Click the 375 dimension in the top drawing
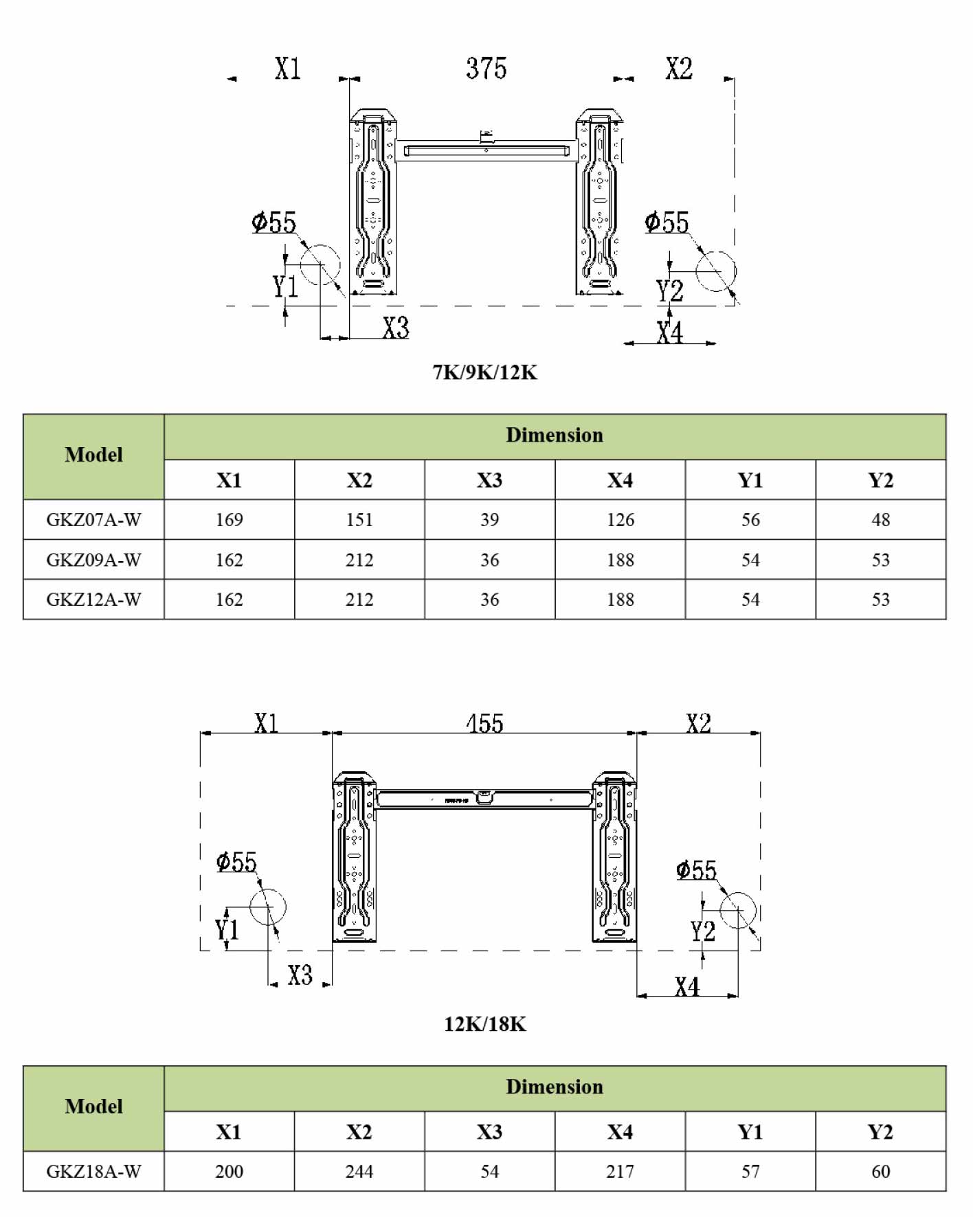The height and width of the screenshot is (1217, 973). tap(486, 69)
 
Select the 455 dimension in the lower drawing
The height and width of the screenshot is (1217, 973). tap(485, 723)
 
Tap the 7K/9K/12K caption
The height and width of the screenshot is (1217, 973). tap(485, 372)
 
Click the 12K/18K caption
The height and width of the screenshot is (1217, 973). tap(485, 1024)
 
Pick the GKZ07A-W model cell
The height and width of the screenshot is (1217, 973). tap(93, 520)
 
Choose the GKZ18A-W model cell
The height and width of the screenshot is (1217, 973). tap(93, 1171)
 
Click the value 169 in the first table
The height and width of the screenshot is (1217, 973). tap(229, 520)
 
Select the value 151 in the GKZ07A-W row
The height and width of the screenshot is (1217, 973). tap(359, 520)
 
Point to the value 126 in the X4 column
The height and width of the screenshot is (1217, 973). tap(620, 520)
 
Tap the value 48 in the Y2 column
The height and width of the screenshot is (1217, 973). tap(880, 520)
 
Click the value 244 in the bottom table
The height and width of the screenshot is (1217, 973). tap(359, 1171)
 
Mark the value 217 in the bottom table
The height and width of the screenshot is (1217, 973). tap(620, 1171)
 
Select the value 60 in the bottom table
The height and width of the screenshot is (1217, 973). tap(880, 1171)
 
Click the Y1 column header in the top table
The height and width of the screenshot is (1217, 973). tap(750, 480)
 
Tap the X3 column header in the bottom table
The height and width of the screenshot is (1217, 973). tap(489, 1131)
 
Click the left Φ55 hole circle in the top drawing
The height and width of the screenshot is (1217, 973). tap(320, 264)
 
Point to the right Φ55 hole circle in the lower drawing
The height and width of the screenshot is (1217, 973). tap(738, 911)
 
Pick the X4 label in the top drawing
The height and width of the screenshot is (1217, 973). tap(669, 333)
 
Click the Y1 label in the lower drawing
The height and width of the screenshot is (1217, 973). tap(227, 930)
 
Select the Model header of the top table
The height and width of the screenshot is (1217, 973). tap(93, 455)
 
